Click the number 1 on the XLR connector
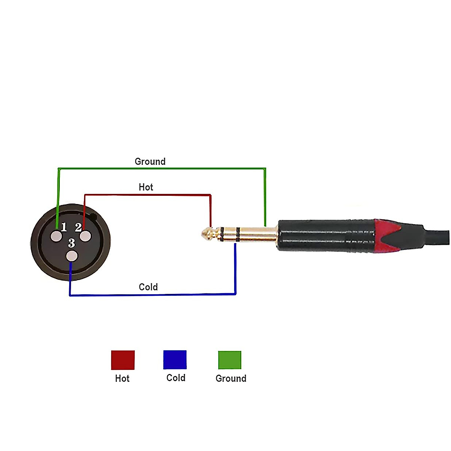coord(64,227)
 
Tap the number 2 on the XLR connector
coord(78,227)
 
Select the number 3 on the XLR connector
coord(72,243)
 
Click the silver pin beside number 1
coord(56,236)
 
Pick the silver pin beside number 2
coord(85,236)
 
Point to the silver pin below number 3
coord(72,256)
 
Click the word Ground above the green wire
coord(150,162)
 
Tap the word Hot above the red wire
coord(146,187)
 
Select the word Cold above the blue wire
coord(148,287)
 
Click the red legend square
coord(123,360)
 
